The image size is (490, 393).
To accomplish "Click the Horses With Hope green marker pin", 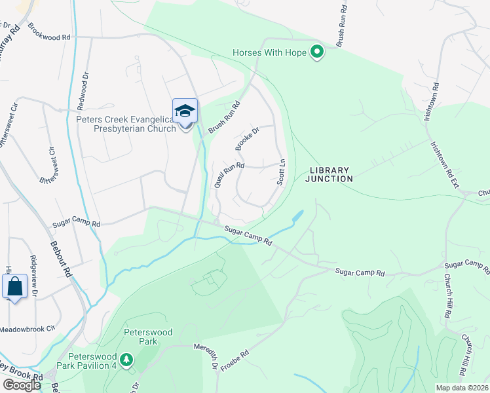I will click(x=318, y=52).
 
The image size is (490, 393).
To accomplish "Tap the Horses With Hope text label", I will click(x=270, y=52).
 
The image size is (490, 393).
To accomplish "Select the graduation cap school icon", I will click(x=185, y=110).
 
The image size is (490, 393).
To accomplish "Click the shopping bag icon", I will click(x=14, y=286).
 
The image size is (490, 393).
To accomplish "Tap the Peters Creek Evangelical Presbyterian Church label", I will click(x=126, y=124).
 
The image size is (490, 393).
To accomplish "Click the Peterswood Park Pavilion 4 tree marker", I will click(x=126, y=360).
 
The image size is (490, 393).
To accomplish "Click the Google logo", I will click(x=22, y=384).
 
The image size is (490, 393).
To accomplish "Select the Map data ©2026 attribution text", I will click(x=462, y=388).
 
